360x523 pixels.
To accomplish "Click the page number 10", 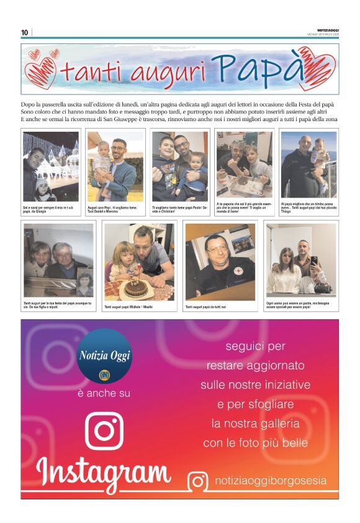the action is tap(24, 32).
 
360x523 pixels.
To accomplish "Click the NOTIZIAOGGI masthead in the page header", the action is tap(327, 30).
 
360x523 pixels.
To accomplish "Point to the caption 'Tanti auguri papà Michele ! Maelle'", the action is tap(128, 307).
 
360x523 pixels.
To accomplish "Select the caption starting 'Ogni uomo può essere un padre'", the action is tap(301, 304).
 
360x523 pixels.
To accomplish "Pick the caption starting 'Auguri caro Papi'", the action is tap(114, 209).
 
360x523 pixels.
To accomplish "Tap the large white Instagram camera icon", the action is tap(104, 429).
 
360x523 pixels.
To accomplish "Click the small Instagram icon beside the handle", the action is tap(198, 481).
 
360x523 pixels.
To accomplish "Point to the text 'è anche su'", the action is tap(104, 393).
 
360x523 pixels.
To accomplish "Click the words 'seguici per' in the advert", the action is tap(255, 346).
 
